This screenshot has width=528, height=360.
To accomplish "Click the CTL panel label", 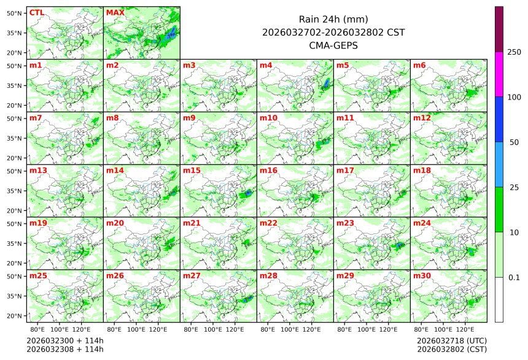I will (x=36, y=12).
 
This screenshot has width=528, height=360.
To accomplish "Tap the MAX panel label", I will (x=115, y=12).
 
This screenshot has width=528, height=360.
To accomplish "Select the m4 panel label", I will (x=266, y=65).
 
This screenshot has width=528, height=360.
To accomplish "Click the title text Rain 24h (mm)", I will (x=333, y=19).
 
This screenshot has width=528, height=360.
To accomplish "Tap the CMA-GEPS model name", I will (x=333, y=45).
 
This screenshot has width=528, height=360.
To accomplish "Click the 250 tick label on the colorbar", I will (x=514, y=52).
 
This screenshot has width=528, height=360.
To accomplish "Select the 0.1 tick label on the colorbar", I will (x=514, y=277).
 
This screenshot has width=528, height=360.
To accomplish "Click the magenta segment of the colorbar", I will (x=499, y=74).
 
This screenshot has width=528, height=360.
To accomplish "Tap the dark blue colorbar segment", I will (x=499, y=119).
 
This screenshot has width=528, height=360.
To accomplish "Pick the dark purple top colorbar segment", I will (x=499, y=29).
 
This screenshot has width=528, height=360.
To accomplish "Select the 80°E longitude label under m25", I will (x=45, y=330).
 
